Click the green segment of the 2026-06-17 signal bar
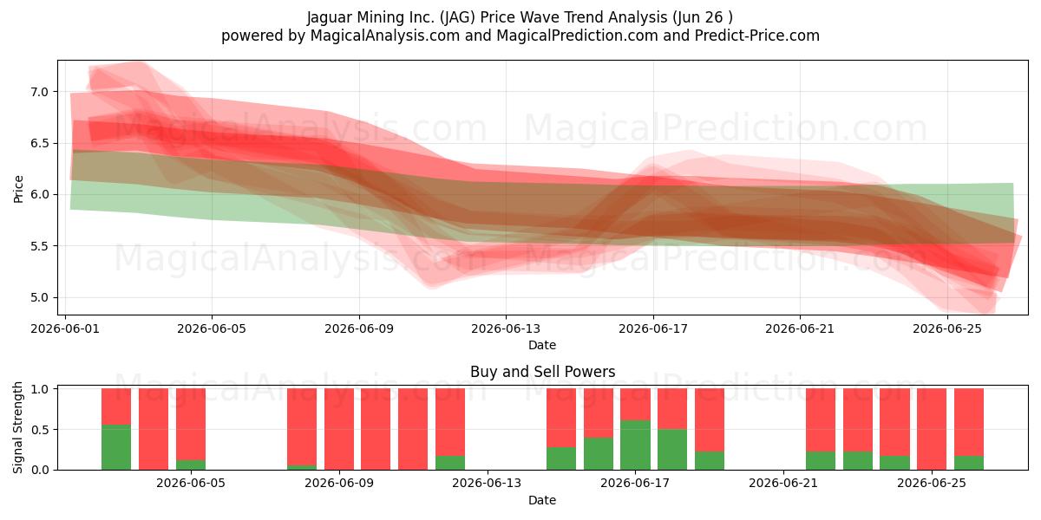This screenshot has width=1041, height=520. coord(635,445)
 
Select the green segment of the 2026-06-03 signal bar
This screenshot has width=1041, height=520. coord(116,447)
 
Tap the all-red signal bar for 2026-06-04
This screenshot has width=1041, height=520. coord(154,429)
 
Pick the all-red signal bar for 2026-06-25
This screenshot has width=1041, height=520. coord(932,429)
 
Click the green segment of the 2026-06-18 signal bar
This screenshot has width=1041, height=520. coord(672,450)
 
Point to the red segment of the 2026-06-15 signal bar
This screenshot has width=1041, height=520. coord(561,418)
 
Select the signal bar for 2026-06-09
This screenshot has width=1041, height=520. coord(339,429)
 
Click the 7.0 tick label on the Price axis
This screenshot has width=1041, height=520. coord(40,92)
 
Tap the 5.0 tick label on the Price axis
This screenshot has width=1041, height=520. coord(40,297)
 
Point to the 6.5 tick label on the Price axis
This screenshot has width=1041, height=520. coord(40,144)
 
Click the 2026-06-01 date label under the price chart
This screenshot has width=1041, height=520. coord(65,328)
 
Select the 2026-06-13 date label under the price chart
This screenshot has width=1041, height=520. coord(506,328)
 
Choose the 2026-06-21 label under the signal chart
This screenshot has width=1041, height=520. coord(783,484)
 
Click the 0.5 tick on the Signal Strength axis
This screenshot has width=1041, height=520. coord(40,430)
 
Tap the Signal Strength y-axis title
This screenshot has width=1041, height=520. coord(17,427)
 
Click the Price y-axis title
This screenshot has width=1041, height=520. coord(18,189)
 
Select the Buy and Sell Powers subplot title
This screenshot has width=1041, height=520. coord(543,372)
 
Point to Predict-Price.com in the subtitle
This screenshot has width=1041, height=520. coord(757,36)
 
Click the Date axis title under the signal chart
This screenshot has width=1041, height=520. coord(542,500)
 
